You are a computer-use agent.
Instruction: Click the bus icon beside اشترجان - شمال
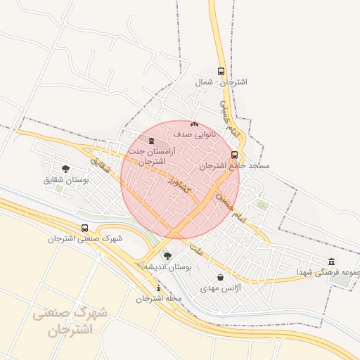tap(221, 71)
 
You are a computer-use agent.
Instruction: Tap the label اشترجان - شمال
tap(221, 82)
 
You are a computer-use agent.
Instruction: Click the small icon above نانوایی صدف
tap(194, 124)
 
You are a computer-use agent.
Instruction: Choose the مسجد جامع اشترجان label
tap(234, 166)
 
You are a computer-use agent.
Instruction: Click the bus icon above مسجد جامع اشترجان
tap(234, 155)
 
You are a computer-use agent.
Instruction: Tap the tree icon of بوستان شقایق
tap(65, 169)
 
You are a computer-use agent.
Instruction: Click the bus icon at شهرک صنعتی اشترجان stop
tap(84, 228)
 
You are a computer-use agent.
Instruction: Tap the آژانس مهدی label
tap(220, 288)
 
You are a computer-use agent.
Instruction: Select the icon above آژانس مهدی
tap(221, 277)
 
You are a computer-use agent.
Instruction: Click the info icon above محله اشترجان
tap(159, 288)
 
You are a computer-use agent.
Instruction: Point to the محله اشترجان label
tap(159, 299)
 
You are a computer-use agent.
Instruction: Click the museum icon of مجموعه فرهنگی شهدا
tap(331, 262)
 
